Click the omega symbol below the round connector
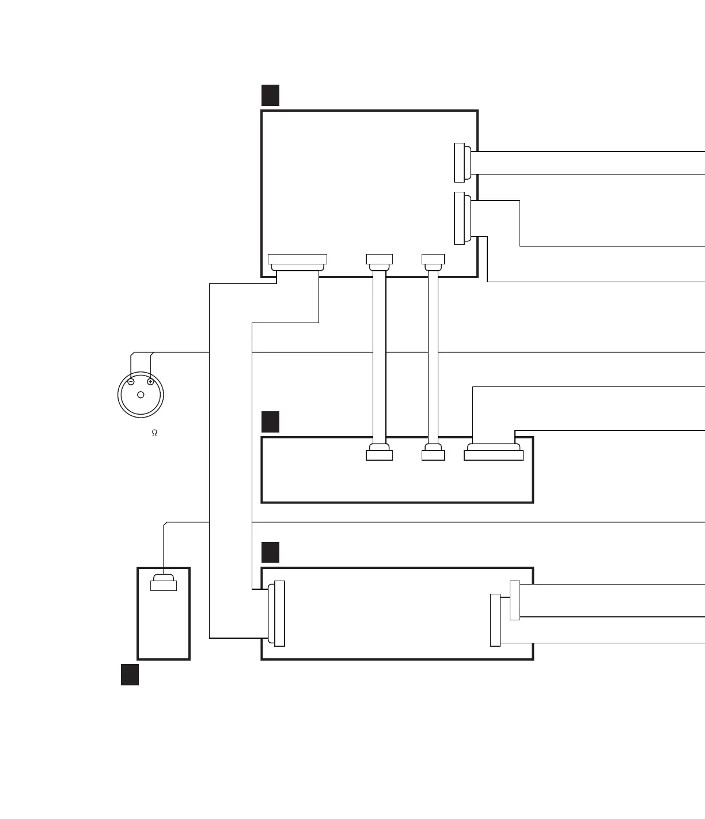[154, 433]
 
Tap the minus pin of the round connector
[131, 381]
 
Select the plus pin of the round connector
[150, 381]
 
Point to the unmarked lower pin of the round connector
[141, 395]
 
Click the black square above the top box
[270, 95]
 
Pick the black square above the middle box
[270, 422]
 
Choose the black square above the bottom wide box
[270, 552]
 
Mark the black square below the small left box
[130, 674]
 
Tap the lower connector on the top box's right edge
[460, 218]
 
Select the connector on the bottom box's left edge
[279, 613]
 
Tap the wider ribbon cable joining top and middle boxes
[379, 357]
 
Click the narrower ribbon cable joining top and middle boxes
[433, 357]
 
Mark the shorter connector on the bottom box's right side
[515, 601]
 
